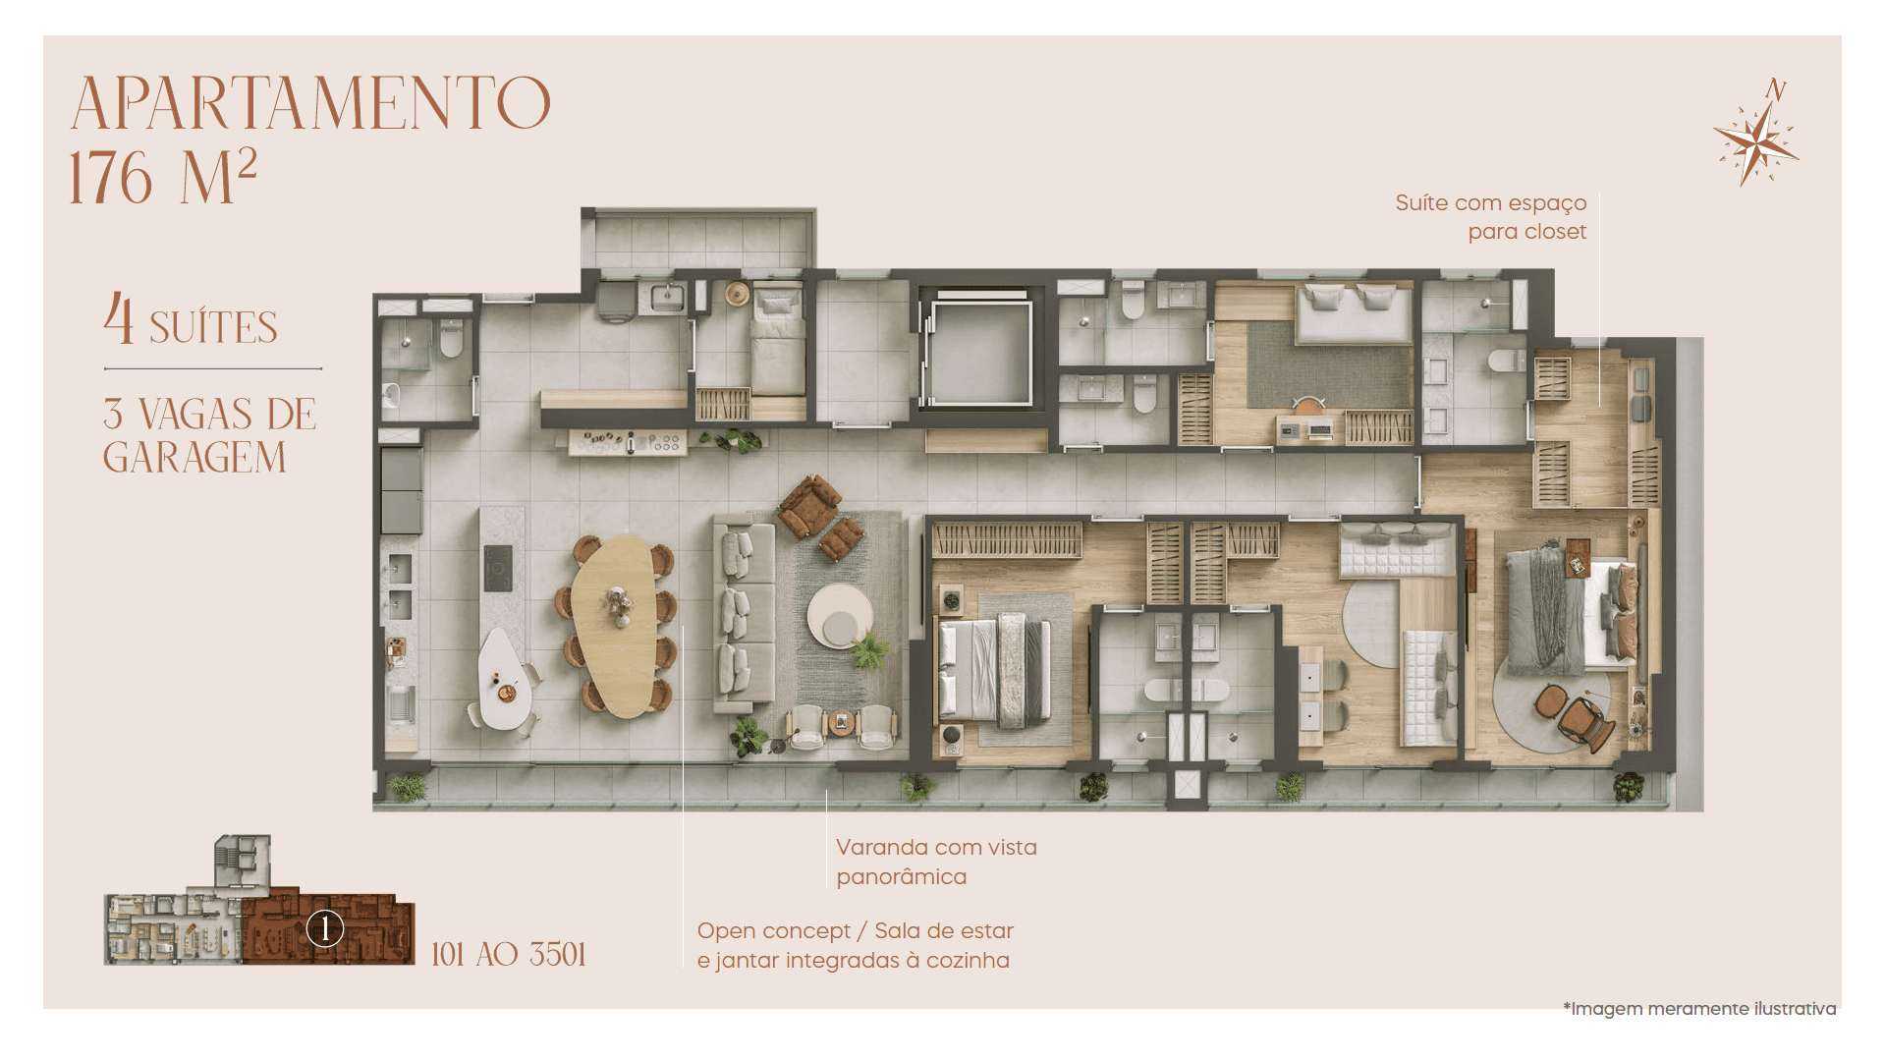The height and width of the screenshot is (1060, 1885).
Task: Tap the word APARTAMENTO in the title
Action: click(x=310, y=103)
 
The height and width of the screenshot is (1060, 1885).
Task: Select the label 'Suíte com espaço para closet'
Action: click(x=1490, y=217)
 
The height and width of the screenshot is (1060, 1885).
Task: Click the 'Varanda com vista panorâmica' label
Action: click(x=936, y=862)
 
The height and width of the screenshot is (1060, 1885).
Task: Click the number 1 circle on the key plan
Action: click(x=325, y=928)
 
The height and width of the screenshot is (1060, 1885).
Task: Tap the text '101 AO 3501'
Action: click(x=509, y=954)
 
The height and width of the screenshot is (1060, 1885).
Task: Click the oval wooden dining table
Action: click(x=615, y=625)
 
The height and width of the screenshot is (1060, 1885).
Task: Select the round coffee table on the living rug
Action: click(x=840, y=616)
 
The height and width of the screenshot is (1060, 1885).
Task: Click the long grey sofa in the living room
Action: click(x=745, y=617)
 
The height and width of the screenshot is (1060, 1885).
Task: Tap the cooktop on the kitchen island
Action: click(x=497, y=568)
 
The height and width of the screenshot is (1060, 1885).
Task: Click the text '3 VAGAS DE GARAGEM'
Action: click(x=209, y=435)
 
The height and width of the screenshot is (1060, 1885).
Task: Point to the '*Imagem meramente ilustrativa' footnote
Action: click(x=1699, y=1009)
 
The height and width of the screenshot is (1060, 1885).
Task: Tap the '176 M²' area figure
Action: click(x=162, y=177)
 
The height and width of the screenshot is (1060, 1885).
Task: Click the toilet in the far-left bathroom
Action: click(x=451, y=339)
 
